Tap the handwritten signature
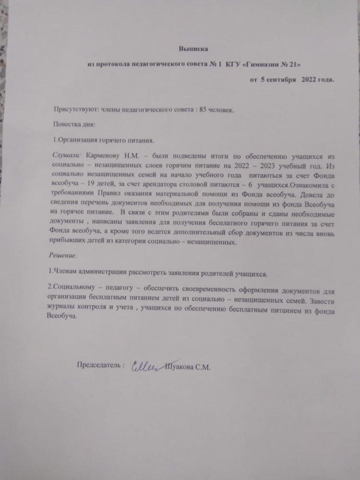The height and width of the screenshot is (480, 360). point(145,366)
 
